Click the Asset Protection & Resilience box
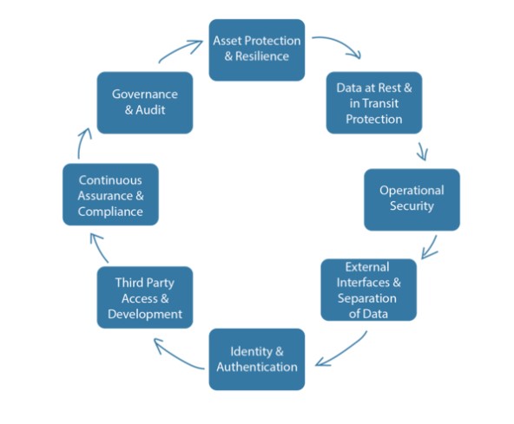[x=257, y=49]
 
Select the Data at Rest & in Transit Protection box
[x=374, y=103]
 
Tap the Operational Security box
[x=412, y=199]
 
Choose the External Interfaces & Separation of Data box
[x=368, y=290]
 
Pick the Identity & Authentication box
[x=257, y=359]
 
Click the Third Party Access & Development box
[x=145, y=297]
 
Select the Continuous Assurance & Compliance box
[x=110, y=194]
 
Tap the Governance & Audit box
[x=145, y=103]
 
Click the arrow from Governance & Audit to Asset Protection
[x=180, y=49]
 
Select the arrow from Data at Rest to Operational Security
[x=423, y=151]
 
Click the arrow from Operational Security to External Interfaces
[x=431, y=247]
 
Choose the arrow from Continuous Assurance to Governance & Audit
[x=82, y=142]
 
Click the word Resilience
[x=262, y=56]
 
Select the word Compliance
[x=110, y=212]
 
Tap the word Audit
[x=150, y=109]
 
